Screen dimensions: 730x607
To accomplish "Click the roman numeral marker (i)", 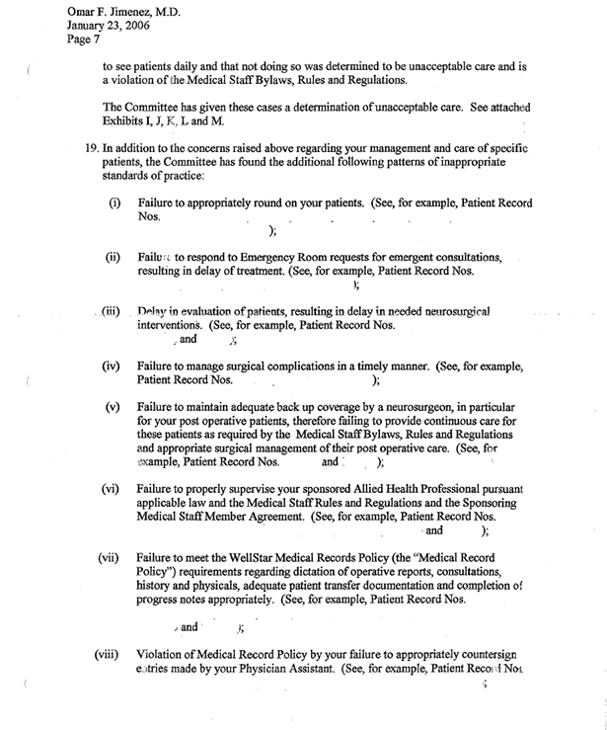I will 115,203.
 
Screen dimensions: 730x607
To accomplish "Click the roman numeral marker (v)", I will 114,406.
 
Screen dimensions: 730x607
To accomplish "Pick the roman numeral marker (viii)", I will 109,654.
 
